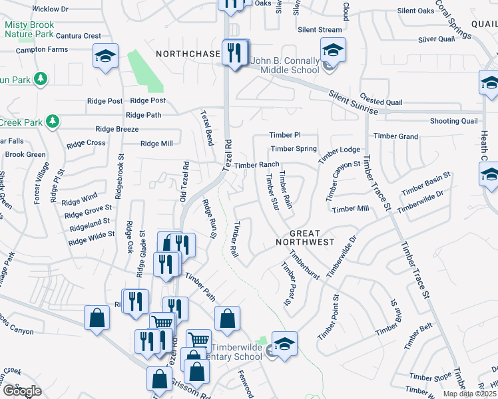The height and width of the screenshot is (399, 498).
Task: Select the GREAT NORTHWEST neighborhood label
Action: click(x=305, y=238)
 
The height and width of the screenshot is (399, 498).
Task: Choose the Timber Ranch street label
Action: click(x=256, y=165)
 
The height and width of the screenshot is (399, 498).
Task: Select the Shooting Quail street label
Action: click(x=454, y=121)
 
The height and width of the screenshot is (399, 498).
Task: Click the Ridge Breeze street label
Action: click(x=117, y=129)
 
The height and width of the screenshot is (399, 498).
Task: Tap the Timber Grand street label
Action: click(x=396, y=136)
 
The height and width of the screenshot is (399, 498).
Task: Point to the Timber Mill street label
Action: click(x=351, y=209)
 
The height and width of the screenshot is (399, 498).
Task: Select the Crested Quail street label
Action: click(x=381, y=102)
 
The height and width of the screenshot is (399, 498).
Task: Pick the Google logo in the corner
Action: click(x=21, y=391)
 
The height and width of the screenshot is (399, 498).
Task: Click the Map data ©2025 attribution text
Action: click(x=470, y=394)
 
